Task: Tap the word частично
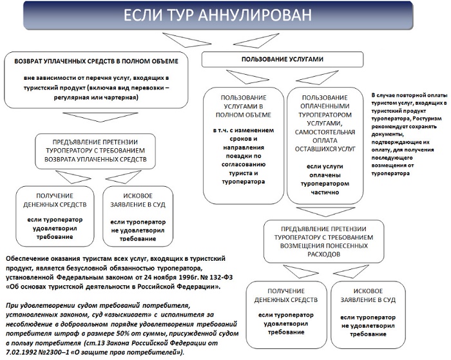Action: [329, 192]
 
